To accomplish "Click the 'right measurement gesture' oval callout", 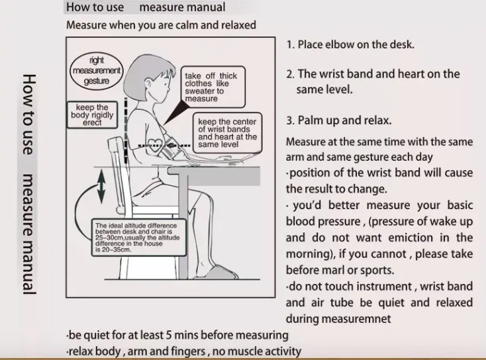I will click(97, 69).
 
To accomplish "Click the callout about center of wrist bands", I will click(227, 133).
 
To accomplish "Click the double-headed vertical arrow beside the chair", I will click(101, 185).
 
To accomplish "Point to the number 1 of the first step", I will click(289, 45).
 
